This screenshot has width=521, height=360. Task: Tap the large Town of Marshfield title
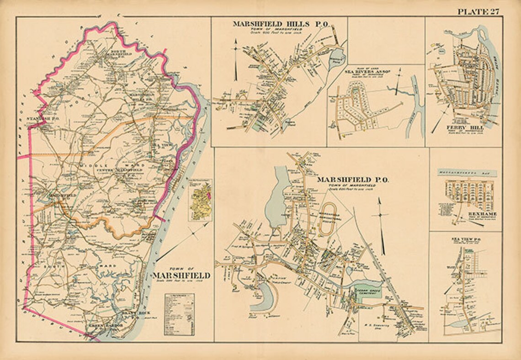tap(181, 275)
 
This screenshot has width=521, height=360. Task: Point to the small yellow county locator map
tap(201, 201)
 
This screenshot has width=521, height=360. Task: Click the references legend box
tap(179, 314)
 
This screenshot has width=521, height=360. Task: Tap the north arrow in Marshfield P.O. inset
tap(381, 231)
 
